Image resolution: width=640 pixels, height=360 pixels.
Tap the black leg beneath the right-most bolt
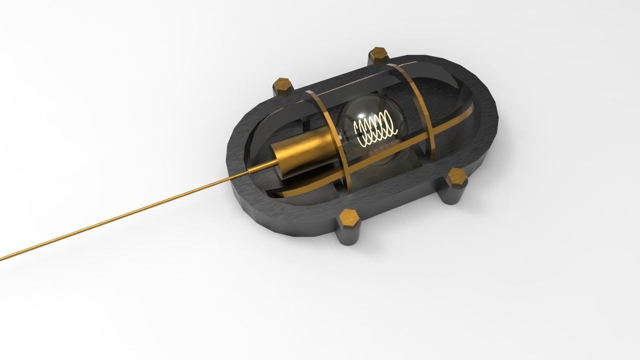[x=454, y=195]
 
